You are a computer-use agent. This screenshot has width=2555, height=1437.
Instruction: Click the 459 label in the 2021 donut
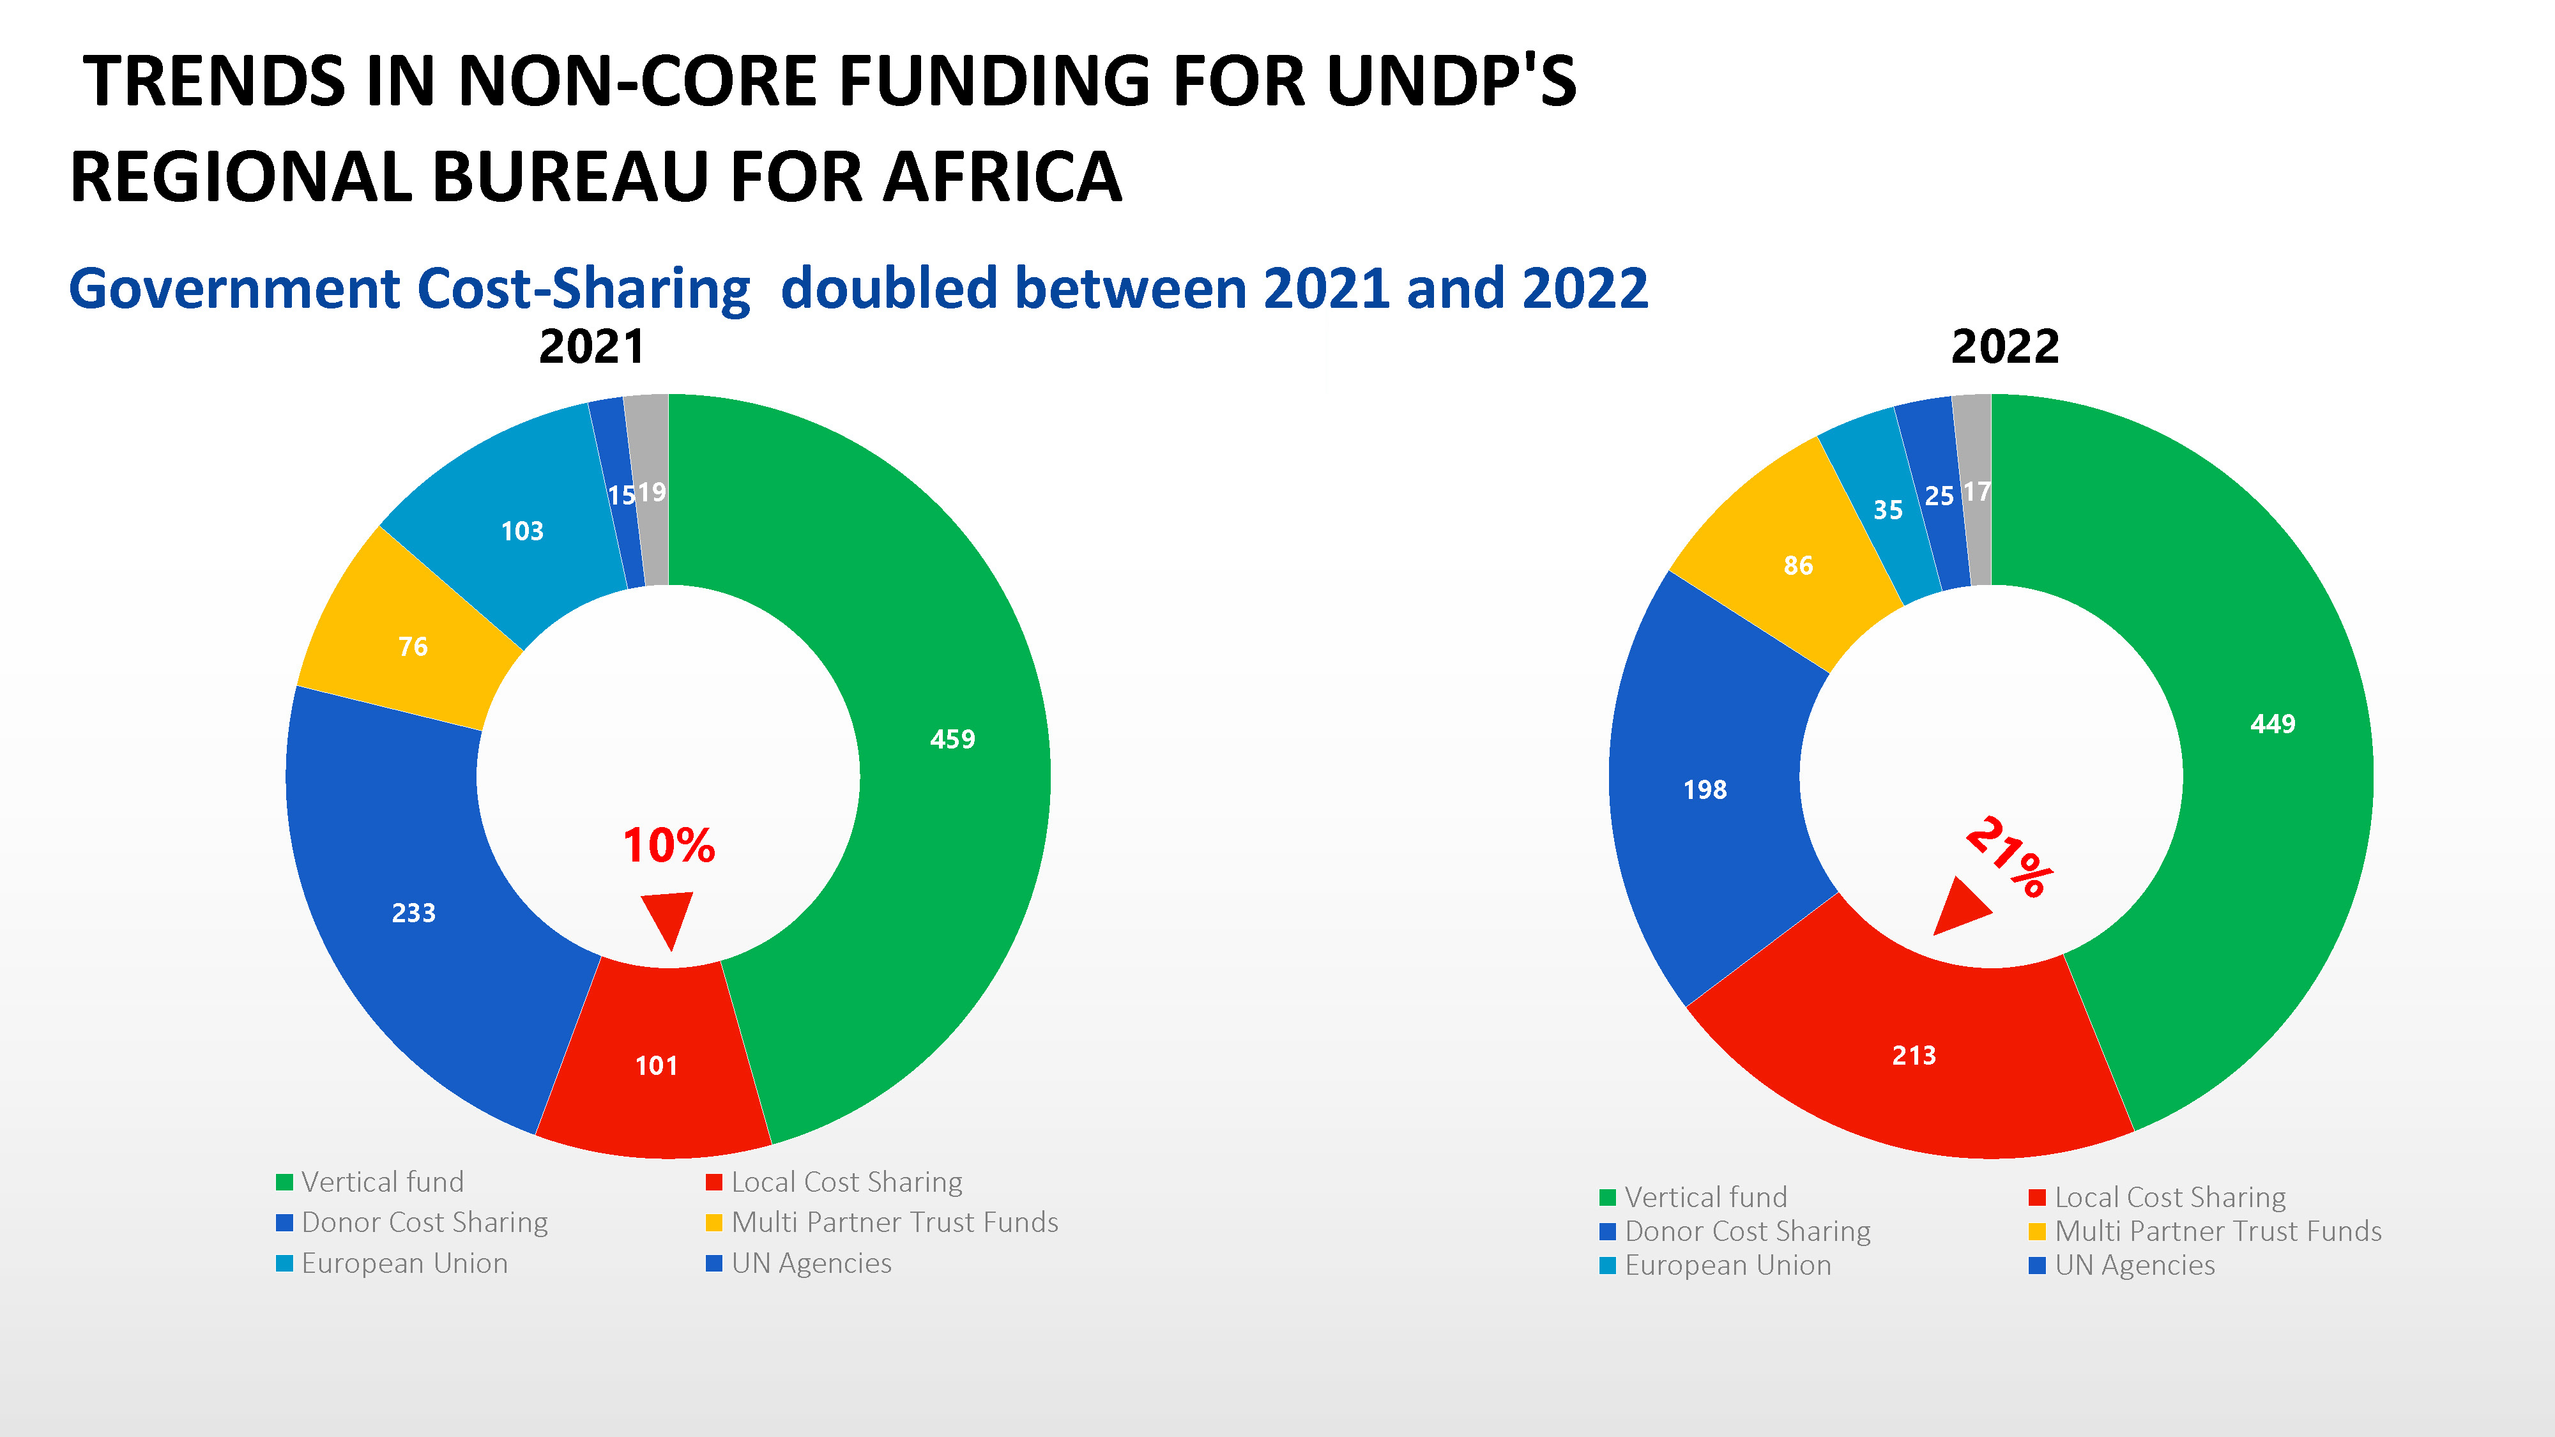pos(952,739)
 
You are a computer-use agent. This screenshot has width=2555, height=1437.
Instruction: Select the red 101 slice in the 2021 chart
pos(655,1065)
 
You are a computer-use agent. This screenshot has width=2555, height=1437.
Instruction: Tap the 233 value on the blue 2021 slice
pos(414,913)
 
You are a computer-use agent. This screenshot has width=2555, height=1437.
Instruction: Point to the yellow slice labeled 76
pos(413,646)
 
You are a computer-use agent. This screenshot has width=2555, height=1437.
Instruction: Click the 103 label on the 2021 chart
pos(522,531)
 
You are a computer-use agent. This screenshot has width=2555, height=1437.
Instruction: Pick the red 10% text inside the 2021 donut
pos(669,845)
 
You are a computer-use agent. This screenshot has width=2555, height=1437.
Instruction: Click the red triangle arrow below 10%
pos(667,917)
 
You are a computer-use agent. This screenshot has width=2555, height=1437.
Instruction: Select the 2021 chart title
pos(591,346)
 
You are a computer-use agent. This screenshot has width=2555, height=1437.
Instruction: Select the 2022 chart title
pos(2004,346)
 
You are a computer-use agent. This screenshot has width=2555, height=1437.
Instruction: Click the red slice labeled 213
pos(1913,1055)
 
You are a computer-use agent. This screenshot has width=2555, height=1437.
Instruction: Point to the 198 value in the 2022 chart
pos(1705,789)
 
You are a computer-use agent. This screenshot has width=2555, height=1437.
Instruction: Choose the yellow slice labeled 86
pos(1797,565)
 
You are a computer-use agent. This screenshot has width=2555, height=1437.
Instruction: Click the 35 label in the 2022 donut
pos(1888,510)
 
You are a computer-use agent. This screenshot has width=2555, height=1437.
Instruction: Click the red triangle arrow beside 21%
pos(1959,908)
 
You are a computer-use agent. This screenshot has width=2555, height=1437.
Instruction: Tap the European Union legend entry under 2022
pos(1727,1265)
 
